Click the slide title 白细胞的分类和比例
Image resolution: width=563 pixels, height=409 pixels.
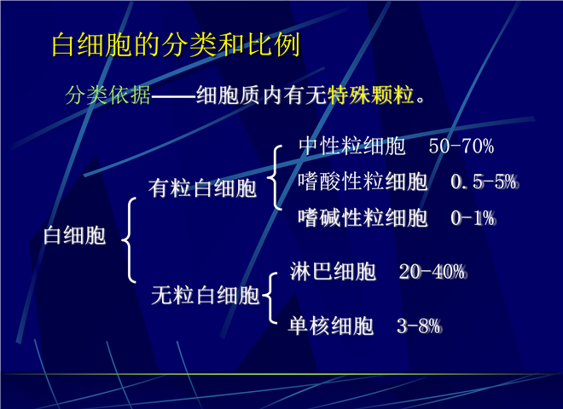pyautogui.click(x=176, y=44)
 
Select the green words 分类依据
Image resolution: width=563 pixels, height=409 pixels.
pyautogui.click(x=107, y=95)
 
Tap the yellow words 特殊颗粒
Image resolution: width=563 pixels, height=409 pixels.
pyautogui.click(x=370, y=95)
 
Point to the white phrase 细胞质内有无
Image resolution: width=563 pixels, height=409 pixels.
pyautogui.click(x=261, y=95)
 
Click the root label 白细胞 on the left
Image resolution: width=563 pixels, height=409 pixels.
pyautogui.click(x=74, y=236)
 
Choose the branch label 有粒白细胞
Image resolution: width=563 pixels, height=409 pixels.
pyautogui.click(x=202, y=188)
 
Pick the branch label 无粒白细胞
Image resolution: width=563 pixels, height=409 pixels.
pyautogui.click(x=205, y=296)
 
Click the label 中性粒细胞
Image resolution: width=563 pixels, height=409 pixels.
pyautogui.click(x=351, y=146)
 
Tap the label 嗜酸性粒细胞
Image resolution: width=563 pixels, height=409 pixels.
pyautogui.click(x=363, y=181)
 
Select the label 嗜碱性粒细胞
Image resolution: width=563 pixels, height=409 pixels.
pyautogui.click(x=363, y=218)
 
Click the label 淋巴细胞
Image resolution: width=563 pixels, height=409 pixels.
pyautogui.click(x=333, y=271)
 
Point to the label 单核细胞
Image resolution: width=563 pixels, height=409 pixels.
pyautogui.click(x=331, y=326)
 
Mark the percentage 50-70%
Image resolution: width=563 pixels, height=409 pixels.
pyautogui.click(x=461, y=147)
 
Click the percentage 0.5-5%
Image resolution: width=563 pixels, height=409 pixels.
pyautogui.click(x=485, y=181)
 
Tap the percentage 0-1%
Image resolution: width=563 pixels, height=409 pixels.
pyautogui.click(x=473, y=218)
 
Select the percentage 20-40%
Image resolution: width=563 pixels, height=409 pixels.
pyautogui.click(x=432, y=272)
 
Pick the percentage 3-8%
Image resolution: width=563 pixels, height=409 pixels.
pyautogui.click(x=419, y=326)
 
